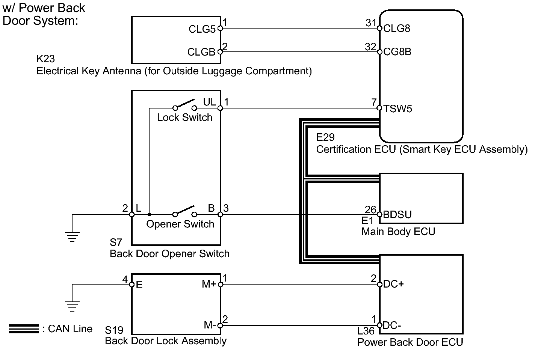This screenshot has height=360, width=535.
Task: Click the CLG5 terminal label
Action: click(x=202, y=29)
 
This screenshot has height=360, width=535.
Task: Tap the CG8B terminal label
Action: click(x=397, y=52)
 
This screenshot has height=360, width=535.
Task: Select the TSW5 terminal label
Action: click(x=398, y=109)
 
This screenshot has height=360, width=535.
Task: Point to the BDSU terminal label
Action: click(x=397, y=215)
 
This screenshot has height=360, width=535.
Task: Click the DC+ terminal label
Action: click(x=393, y=284)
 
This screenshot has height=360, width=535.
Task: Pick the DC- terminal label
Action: click(x=392, y=325)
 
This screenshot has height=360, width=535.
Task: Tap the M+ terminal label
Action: click(x=209, y=284)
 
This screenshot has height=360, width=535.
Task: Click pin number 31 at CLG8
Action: click(x=371, y=23)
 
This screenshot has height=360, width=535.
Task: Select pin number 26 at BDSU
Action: click(x=370, y=210)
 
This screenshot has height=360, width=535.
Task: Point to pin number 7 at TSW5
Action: click(x=374, y=102)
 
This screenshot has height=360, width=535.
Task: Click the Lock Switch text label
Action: click(x=184, y=117)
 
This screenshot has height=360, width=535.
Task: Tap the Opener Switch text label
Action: click(x=180, y=224)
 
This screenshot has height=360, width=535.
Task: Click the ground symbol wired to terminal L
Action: click(x=72, y=236)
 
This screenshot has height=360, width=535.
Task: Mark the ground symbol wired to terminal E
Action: click(x=72, y=307)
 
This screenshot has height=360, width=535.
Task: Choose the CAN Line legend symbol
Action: click(x=24, y=329)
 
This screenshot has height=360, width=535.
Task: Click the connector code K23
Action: click(x=45, y=59)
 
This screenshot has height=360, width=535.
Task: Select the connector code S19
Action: click(x=114, y=330)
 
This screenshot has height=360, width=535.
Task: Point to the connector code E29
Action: click(x=325, y=137)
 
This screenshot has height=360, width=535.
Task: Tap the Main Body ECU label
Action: click(x=398, y=232)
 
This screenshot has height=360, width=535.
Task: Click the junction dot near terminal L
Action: click(x=149, y=214)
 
